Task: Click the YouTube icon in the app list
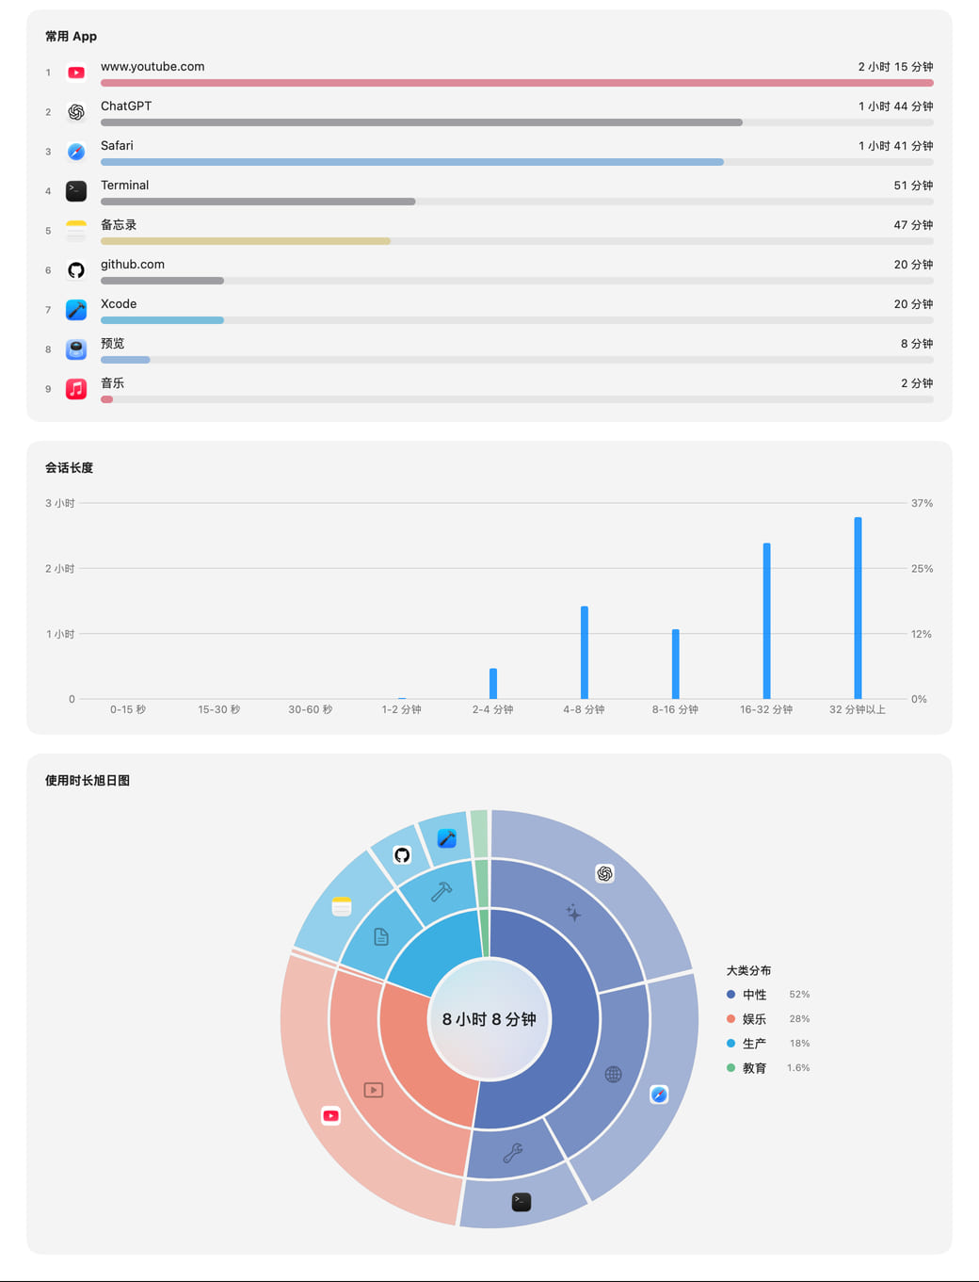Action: (76, 73)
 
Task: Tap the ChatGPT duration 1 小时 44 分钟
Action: (895, 106)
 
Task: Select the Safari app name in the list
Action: (117, 145)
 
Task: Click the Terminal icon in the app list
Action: (76, 191)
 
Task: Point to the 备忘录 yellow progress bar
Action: (245, 241)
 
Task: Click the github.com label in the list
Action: (133, 264)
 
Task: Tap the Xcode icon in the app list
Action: (76, 310)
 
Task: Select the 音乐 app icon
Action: (76, 389)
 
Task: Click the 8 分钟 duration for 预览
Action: (917, 344)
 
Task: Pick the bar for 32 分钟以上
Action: (858, 608)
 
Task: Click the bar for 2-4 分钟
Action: (493, 683)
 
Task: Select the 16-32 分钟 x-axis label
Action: (766, 709)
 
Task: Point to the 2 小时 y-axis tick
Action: (60, 568)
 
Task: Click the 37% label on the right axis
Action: (922, 503)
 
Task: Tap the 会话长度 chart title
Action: (70, 468)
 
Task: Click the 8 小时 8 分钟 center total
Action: (489, 1019)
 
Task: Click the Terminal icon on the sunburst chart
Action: (521, 1202)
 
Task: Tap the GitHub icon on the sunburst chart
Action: (402, 855)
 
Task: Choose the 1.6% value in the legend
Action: (798, 1067)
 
